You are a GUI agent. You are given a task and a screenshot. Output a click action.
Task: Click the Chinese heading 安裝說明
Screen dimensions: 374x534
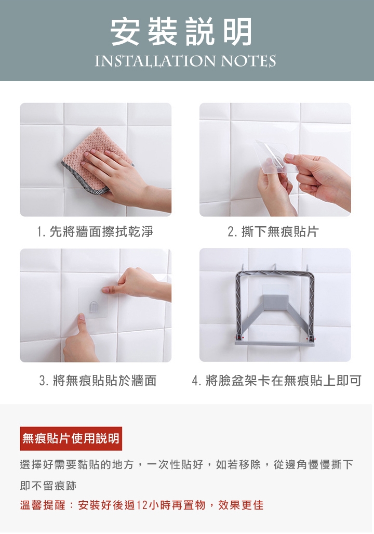[x=181, y=32]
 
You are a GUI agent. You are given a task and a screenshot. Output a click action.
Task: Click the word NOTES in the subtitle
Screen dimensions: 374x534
[x=248, y=61]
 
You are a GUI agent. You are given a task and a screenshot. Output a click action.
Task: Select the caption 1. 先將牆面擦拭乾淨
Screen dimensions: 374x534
[x=95, y=231]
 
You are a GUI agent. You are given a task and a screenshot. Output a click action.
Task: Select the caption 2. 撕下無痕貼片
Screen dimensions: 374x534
[x=273, y=231]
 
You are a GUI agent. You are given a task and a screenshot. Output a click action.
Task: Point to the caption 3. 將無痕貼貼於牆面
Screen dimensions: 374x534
[x=98, y=381]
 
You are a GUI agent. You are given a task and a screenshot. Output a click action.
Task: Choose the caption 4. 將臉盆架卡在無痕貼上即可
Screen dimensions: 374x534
[x=277, y=381]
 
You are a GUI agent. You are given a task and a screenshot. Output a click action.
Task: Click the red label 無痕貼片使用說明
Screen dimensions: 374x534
[x=71, y=438]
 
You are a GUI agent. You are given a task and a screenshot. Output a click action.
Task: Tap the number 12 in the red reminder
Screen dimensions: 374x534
[x=142, y=505]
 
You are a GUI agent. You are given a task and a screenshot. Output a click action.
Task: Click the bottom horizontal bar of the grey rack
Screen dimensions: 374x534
[x=274, y=342]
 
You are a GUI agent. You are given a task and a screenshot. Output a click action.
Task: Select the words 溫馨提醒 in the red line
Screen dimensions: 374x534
[x=43, y=505]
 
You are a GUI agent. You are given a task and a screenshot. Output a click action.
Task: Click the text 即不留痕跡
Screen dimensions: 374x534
[x=48, y=486]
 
